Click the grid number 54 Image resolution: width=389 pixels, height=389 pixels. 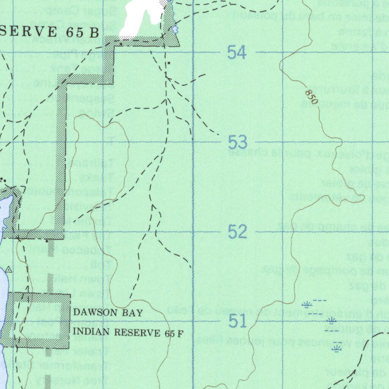237,52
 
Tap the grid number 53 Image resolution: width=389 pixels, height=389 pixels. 238,142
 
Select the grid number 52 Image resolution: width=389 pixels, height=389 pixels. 238,231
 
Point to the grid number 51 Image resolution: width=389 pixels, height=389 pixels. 238,321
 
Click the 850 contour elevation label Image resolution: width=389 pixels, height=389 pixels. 311,97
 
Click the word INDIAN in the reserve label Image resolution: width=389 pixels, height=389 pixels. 91,332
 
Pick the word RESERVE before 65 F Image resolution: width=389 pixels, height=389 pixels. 137,333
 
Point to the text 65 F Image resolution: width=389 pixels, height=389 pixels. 174,334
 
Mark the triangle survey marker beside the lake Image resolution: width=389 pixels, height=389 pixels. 8,270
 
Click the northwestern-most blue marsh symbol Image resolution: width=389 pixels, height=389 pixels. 307,304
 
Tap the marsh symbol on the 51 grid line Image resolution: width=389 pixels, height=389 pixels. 332,321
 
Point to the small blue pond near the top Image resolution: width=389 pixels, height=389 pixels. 175,28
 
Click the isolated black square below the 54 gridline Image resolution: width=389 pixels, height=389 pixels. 169,63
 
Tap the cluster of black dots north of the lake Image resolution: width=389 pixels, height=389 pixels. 3,180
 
